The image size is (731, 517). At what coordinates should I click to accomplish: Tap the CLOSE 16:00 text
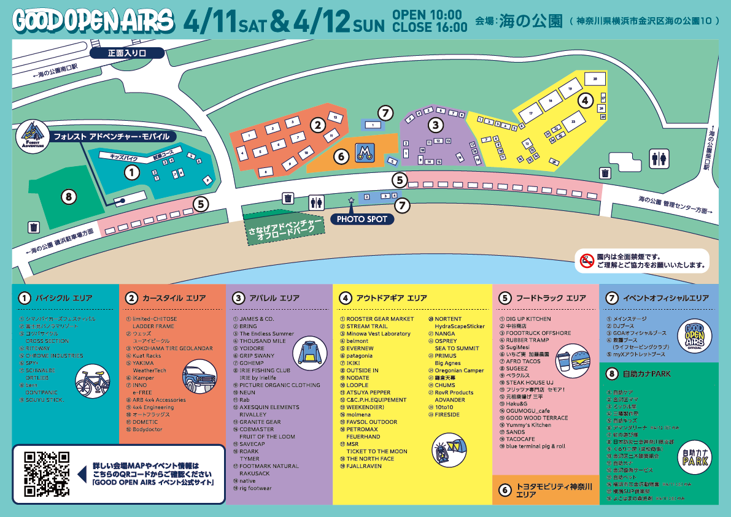[430, 27]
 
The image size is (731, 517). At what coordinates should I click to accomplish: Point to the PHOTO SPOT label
[362, 219]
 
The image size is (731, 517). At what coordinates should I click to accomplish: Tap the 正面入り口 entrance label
[127, 53]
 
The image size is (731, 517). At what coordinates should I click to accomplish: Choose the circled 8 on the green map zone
[70, 197]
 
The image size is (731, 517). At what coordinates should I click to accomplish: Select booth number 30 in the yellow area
[594, 79]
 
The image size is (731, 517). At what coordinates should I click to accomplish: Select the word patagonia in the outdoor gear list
[359, 356]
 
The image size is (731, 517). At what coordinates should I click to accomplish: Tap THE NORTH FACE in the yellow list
[370, 459]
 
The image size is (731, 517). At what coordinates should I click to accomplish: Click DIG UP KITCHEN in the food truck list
[528, 319]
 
